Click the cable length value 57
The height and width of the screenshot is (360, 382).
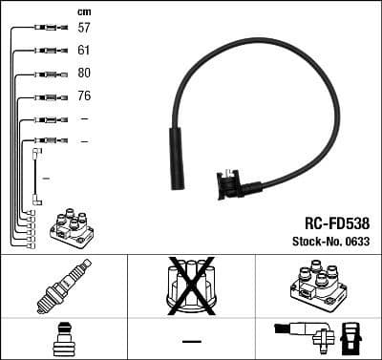coord(84,28)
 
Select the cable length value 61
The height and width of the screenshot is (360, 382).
coord(84,50)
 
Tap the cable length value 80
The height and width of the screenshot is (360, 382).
coord(84,73)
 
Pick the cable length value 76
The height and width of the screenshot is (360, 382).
coord(84,95)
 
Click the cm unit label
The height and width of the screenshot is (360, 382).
coord(84,11)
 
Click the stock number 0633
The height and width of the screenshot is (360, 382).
coord(354,240)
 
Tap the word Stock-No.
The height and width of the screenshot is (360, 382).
coord(311,240)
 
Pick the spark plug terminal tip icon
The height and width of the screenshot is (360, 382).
coord(62,338)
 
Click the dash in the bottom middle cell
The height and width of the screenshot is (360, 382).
coord(191,341)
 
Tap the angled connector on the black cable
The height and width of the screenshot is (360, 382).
coord(231,180)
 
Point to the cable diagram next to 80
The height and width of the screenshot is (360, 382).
coord(45,74)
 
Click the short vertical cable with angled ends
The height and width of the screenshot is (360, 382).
coord(36,177)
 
